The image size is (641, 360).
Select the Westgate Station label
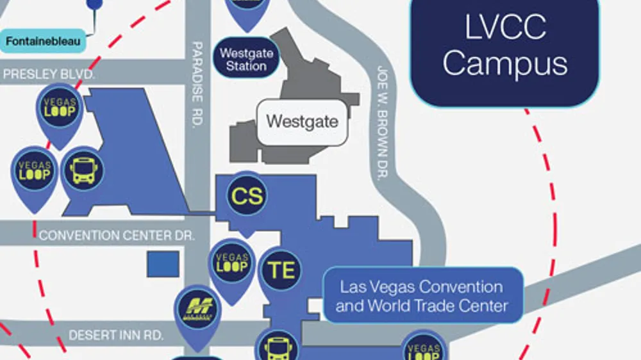click(246, 59)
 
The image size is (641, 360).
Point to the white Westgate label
click(302, 122)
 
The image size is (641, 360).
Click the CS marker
click(247, 195)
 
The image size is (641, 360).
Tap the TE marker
click(281, 270)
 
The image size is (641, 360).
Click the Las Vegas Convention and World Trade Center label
click(422, 296)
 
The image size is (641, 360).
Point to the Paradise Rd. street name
click(198, 83)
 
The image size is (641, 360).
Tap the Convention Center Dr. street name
click(116, 236)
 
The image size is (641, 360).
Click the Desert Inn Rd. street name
click(116, 335)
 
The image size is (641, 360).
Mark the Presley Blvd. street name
click(49, 74)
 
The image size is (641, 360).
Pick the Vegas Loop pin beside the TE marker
click(232, 264)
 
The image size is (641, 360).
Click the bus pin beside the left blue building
click(83, 172)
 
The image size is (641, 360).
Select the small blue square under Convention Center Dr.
click(163, 264)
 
